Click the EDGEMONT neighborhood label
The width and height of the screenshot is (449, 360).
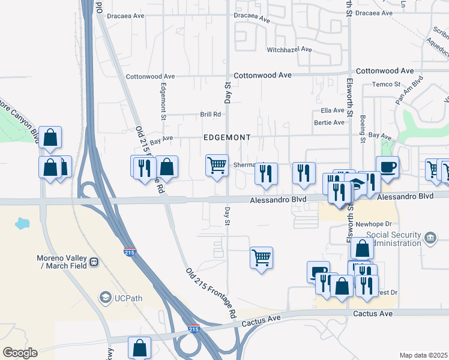tap(227, 137)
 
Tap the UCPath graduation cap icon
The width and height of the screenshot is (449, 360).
tap(105, 298)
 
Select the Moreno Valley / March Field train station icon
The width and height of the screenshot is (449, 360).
tap(94, 262)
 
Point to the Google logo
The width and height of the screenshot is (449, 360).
tap(20, 353)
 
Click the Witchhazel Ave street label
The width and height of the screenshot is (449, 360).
tap(289, 49)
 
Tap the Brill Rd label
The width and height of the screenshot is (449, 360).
tap(211, 114)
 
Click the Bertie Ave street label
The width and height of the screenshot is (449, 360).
tap(330, 122)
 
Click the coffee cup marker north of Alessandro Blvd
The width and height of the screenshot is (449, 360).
tap(387, 167)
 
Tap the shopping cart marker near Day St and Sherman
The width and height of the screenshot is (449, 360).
tap(216, 164)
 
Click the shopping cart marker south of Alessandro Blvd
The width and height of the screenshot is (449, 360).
tap(261, 257)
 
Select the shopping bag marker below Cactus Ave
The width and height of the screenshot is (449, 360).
tap(139, 347)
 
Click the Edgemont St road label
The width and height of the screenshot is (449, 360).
tap(163, 96)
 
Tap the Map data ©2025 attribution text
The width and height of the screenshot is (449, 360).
tap(423, 355)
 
